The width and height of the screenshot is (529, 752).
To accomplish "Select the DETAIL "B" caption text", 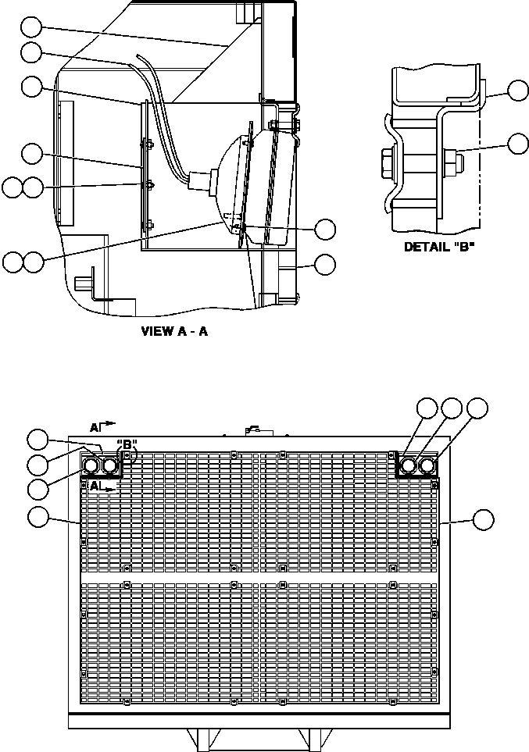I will (x=436, y=246).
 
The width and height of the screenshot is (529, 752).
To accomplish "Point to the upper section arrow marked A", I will (x=102, y=426).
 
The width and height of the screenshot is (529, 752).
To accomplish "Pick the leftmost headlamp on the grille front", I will (x=91, y=466).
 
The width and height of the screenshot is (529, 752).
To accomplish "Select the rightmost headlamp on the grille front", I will (x=427, y=466).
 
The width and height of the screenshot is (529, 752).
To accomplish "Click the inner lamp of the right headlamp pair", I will (x=407, y=466).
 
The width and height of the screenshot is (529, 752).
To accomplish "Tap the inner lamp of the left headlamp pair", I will (x=110, y=466).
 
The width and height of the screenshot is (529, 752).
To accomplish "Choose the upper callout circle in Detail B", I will (x=517, y=91).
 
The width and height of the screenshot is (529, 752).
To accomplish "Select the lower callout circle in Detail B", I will (x=517, y=143).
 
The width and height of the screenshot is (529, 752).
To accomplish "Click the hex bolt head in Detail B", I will (x=390, y=164).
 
